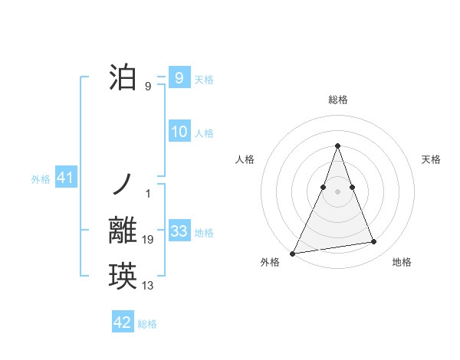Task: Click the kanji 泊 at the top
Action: [x=123, y=78]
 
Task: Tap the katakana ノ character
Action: [x=123, y=184]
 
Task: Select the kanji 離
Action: [x=123, y=231]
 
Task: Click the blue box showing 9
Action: [x=179, y=78]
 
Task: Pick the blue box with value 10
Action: [x=179, y=132]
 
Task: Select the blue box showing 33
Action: [x=179, y=231]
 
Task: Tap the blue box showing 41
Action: [x=65, y=178]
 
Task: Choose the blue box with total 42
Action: [x=123, y=322]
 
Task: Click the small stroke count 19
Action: [x=148, y=241]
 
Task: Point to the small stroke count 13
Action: [x=148, y=286]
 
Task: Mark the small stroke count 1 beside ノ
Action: [x=148, y=193]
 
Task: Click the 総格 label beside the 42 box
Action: [x=147, y=324]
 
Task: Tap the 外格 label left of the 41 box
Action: [x=41, y=180]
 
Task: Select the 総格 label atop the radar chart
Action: [x=337, y=100]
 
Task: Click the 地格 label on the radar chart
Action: [x=402, y=263]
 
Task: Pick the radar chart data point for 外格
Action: [x=293, y=253]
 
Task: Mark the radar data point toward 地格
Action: [x=374, y=242]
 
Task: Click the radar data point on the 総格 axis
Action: [x=337, y=146]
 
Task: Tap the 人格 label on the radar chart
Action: [x=245, y=159]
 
